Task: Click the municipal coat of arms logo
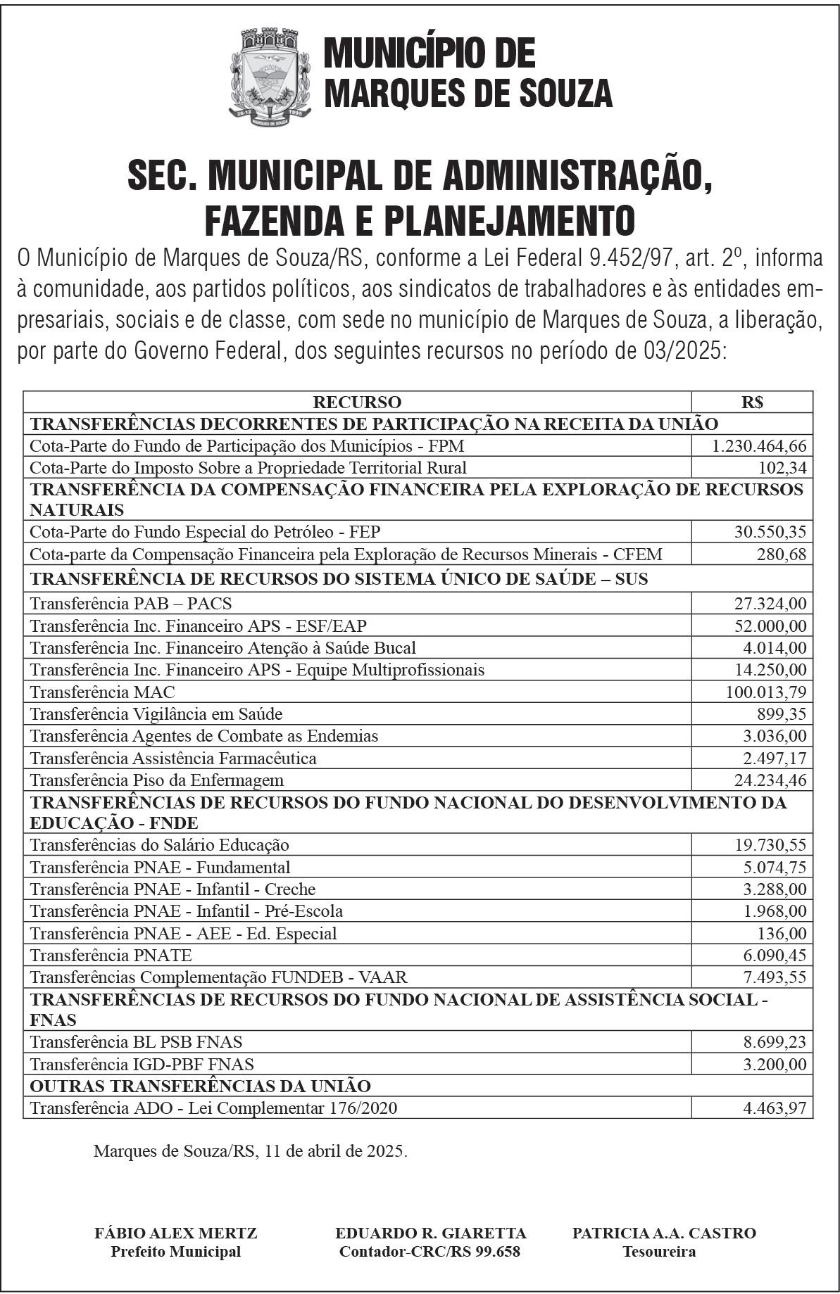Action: click(x=270, y=76)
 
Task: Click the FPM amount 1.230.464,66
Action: click(x=759, y=446)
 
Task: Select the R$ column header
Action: click(x=752, y=402)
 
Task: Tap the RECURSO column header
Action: click(x=357, y=402)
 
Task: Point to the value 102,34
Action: click(x=783, y=468)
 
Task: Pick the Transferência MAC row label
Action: click(x=103, y=692)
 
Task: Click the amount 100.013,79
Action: click(x=766, y=692)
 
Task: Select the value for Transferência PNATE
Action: click(x=775, y=956)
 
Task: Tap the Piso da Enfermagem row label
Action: click(x=157, y=780)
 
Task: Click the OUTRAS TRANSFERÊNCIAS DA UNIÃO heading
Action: click(x=200, y=1086)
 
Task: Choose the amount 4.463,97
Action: click(x=775, y=1108)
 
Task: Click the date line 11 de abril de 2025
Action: click(x=250, y=1151)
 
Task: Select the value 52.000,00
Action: click(x=770, y=626)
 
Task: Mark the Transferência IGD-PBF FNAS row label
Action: click(x=142, y=1064)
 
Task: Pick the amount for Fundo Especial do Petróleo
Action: click(x=770, y=532)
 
